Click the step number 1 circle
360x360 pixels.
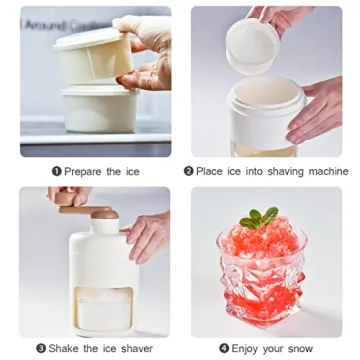point(56,171)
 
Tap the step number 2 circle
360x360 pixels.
point(188,171)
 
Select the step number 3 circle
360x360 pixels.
point(41,348)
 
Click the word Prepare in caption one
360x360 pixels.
point(84,171)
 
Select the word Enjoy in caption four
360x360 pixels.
point(249,348)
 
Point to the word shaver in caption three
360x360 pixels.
point(133,348)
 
